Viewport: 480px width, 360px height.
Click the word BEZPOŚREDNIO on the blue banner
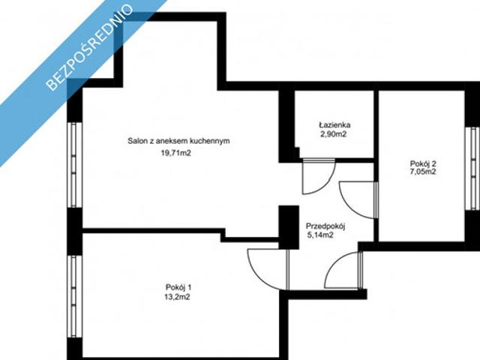point(90,47)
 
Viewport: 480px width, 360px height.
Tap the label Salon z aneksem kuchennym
point(178,141)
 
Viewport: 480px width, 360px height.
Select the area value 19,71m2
point(176,153)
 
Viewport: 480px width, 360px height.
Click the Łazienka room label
point(334,125)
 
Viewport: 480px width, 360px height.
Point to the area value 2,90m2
point(333,134)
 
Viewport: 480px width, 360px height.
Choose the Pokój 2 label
point(423,163)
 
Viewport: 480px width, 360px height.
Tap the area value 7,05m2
point(423,172)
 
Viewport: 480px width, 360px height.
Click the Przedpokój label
point(325,226)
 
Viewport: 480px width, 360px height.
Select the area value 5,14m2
point(320,235)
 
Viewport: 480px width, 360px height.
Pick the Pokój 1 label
point(178,287)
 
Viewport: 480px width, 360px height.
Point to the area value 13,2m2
point(177,297)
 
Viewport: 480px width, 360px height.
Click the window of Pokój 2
point(472,169)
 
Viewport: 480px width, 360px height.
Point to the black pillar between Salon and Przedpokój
point(289,227)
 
